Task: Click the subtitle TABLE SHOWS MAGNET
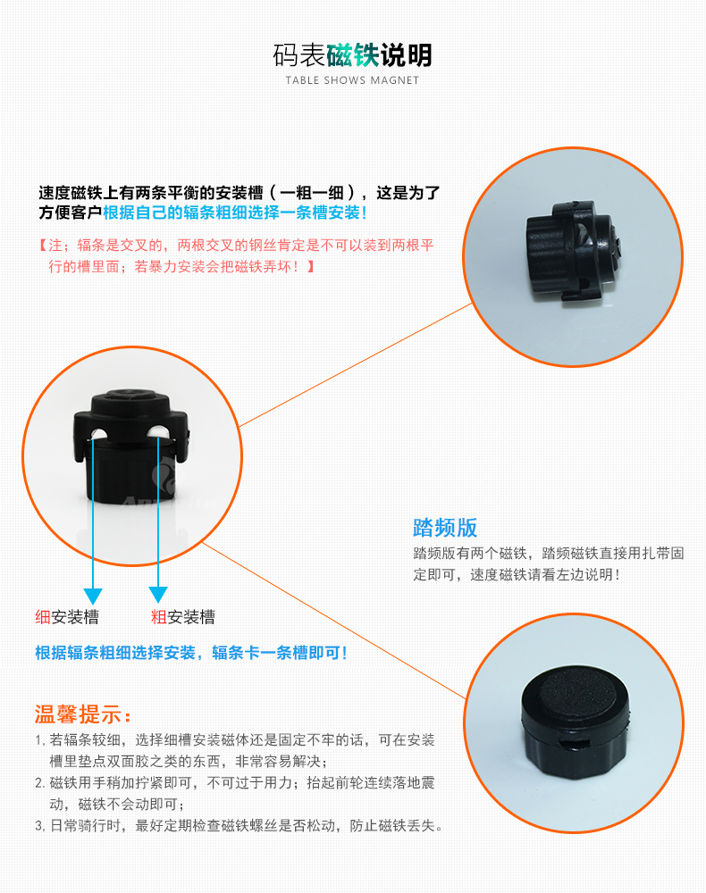(352, 80)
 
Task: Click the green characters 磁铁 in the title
(353, 55)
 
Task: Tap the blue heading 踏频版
(445, 528)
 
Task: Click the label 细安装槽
(67, 617)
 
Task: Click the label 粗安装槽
(183, 617)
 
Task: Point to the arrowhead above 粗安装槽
(158, 595)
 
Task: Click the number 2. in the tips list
(40, 783)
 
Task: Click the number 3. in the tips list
(40, 826)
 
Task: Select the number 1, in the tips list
(40, 740)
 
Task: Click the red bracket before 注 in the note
(42, 246)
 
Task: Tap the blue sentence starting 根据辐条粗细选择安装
(191, 653)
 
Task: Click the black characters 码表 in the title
(299, 55)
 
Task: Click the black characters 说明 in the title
(406, 55)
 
